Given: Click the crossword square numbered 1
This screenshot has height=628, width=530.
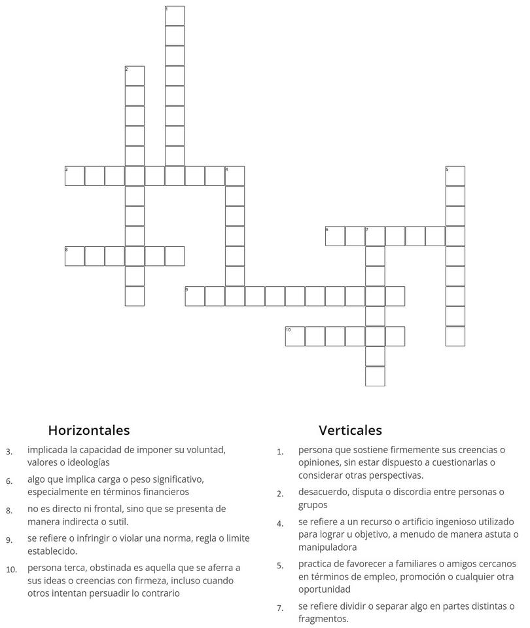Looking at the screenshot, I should tap(175, 16).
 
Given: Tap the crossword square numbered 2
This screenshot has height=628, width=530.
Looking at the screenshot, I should tap(135, 76).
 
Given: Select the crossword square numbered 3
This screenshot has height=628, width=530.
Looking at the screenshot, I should tap(75, 176).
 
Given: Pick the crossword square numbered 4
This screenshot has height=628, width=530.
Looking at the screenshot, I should tap(235, 176).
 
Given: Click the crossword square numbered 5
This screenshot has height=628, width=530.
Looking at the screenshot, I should tap(455, 176).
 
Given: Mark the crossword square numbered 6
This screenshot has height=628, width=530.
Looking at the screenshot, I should tap(335, 236).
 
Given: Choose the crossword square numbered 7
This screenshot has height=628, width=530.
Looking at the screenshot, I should tap(375, 236).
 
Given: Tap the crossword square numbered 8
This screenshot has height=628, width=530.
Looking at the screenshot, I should tap(75, 256).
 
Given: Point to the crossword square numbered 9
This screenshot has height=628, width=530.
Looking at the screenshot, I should tap(195, 296).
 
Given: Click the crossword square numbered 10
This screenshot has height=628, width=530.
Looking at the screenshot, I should tap(295, 336).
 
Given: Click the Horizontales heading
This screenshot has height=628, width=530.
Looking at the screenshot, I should tap(89, 430).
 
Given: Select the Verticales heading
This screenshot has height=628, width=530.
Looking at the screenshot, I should tap(350, 430).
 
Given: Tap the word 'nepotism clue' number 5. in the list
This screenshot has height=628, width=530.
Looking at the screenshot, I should tap(280, 564).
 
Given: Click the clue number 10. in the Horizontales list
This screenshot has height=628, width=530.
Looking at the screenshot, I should tap(11, 569).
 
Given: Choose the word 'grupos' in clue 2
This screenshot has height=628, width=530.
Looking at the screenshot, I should tap(313, 505).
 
